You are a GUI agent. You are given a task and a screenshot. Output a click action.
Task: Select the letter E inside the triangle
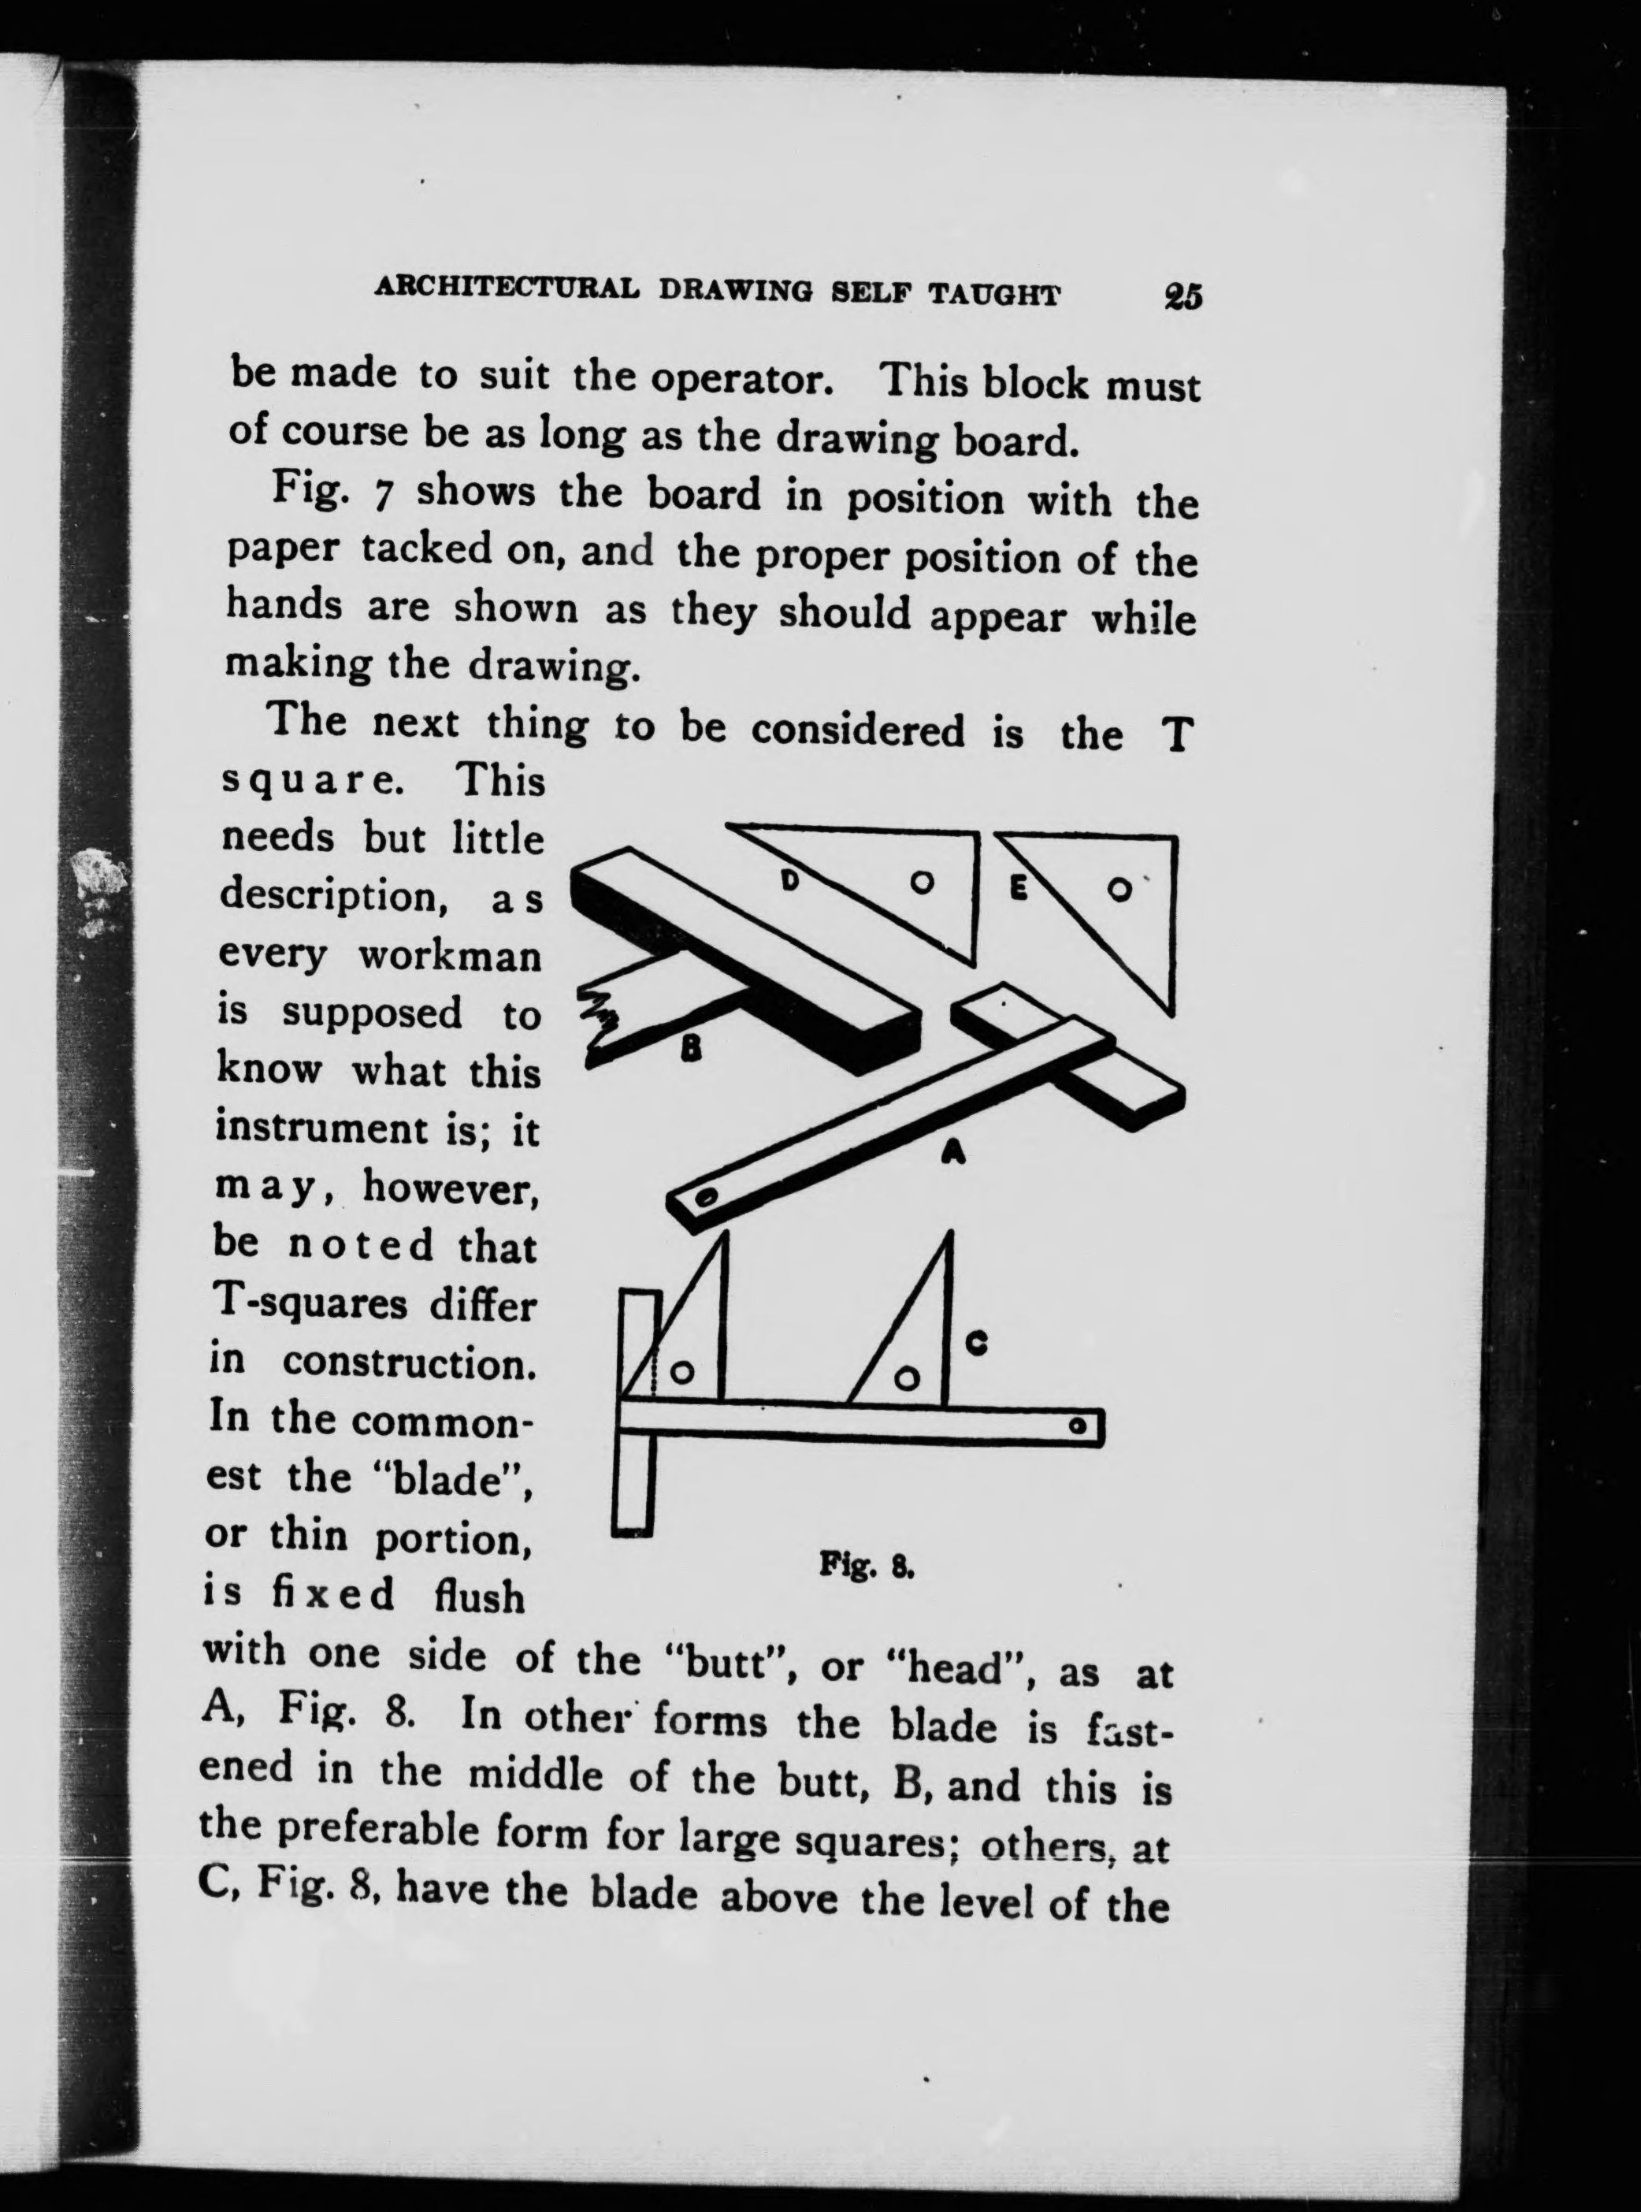coord(1017,888)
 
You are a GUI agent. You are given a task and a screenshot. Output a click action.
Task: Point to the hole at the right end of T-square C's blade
coord(1077,1427)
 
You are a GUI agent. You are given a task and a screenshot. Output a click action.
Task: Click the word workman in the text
coord(449,956)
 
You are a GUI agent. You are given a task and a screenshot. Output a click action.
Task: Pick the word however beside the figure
coord(450,1187)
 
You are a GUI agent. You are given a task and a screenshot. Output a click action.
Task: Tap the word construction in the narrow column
coord(409,1363)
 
